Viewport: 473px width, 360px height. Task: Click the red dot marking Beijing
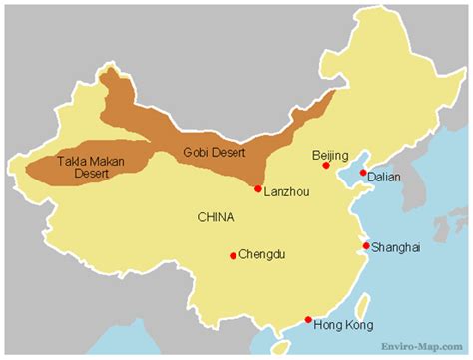(325, 167)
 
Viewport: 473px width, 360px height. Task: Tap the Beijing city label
(330, 155)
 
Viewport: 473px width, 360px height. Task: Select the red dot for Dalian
(362, 173)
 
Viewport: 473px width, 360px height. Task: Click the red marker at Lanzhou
(257, 188)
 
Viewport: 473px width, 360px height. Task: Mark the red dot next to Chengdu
(233, 256)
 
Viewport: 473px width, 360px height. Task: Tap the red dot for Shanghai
(366, 245)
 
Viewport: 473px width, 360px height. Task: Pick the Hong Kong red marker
(308, 320)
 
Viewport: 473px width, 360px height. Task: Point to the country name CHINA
(216, 216)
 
